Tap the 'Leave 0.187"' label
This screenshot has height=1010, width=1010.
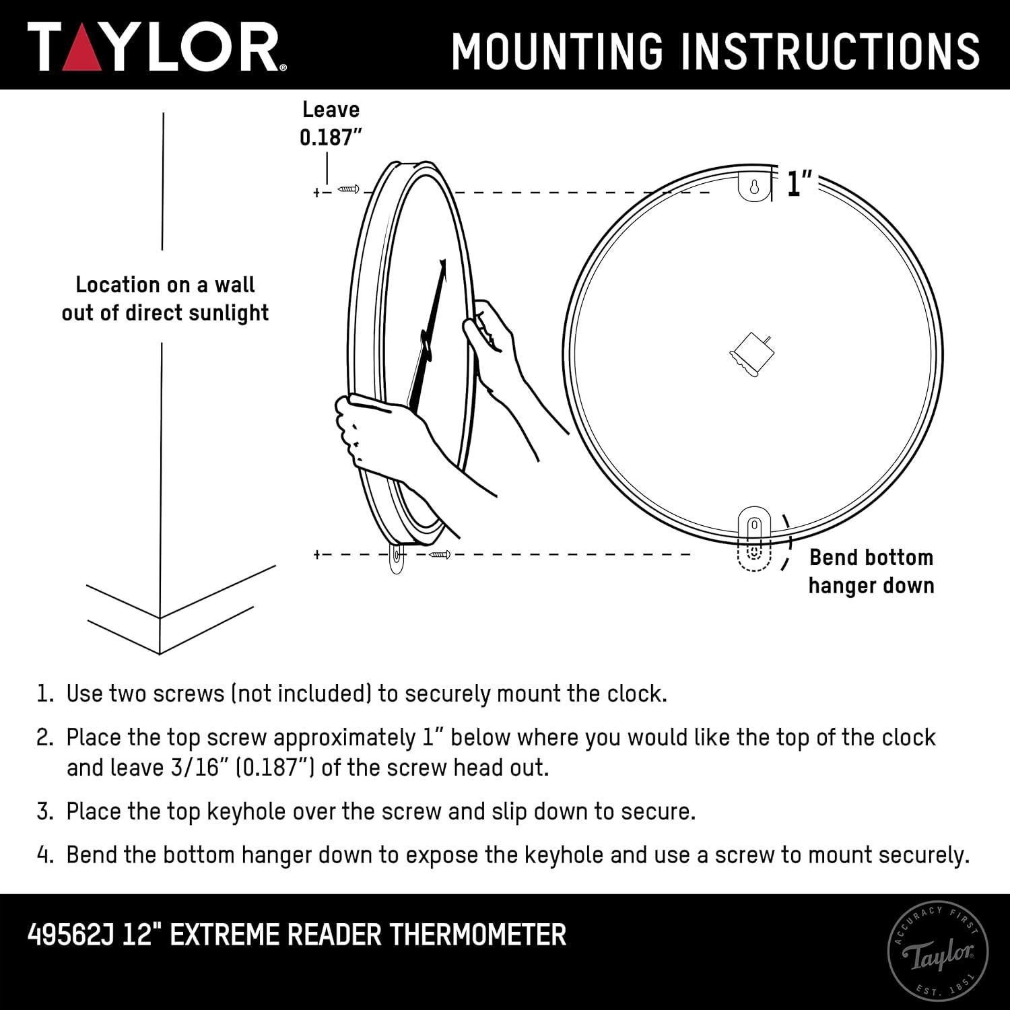(x=331, y=123)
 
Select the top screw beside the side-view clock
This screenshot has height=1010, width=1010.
(x=348, y=189)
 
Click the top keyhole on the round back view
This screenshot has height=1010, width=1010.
(x=754, y=187)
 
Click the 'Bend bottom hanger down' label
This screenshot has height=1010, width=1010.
(x=871, y=571)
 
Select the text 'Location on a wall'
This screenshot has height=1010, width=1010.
(x=165, y=285)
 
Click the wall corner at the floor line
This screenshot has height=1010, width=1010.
(x=160, y=617)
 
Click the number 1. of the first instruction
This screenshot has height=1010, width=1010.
(x=44, y=694)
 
